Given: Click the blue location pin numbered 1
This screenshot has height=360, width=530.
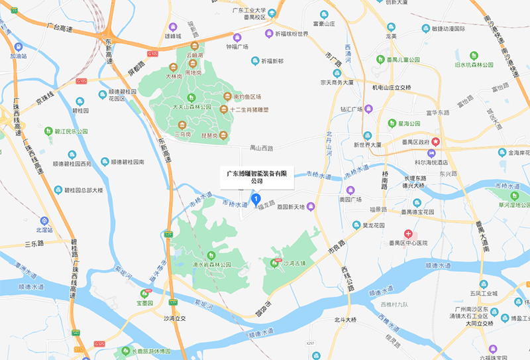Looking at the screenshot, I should coord(256,198).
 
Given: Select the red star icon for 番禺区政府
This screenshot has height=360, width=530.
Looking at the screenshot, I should coord(436,142).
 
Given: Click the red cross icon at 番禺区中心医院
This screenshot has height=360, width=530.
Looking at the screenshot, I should coord(409,233).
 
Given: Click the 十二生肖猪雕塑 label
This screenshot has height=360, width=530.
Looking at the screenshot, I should coord(252,109).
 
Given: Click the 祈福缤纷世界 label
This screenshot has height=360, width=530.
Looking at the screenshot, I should coord(291,34).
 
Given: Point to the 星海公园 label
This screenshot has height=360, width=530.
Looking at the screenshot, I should coord(408,123).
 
